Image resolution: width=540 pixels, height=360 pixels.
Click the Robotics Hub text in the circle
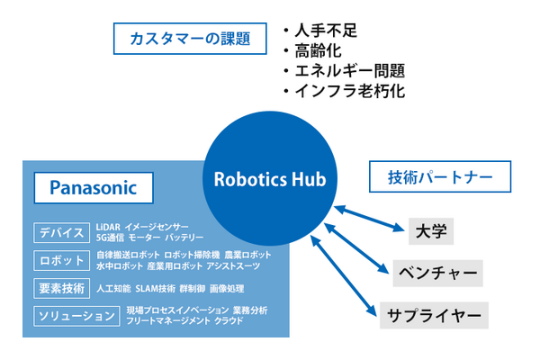tap(269, 177)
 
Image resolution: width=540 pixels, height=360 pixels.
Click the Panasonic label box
tap(92, 188)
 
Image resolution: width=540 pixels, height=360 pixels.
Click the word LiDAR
tap(107, 227)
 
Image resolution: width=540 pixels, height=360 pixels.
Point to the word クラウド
tap(228, 321)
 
